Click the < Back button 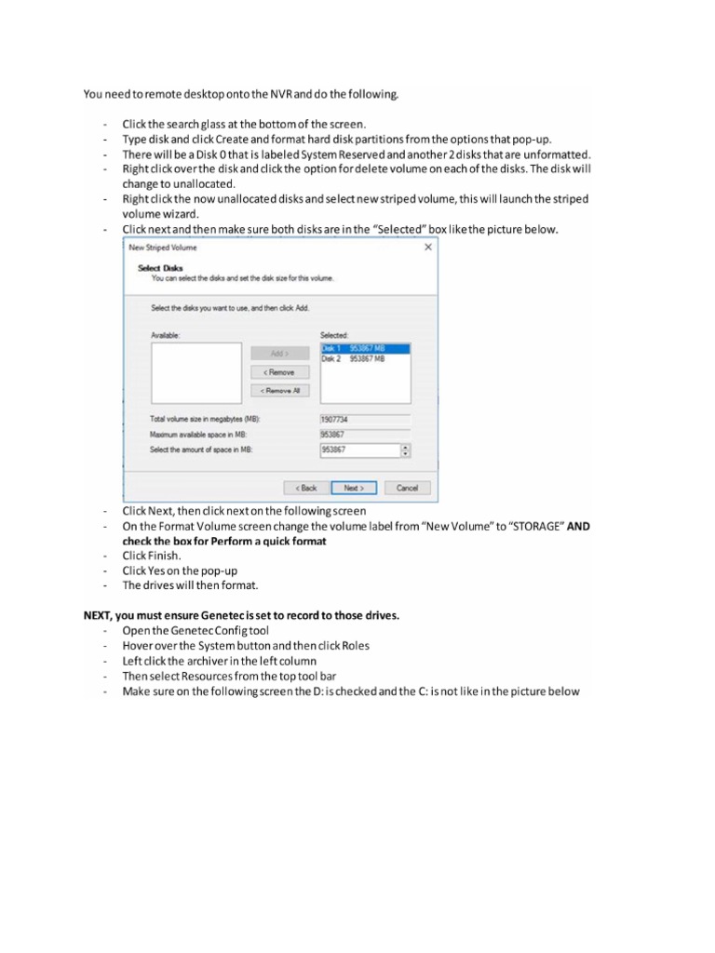click(x=307, y=487)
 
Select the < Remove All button click(x=280, y=391)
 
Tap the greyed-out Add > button click(x=280, y=354)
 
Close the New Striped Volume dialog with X click(x=428, y=248)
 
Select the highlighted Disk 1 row click(x=364, y=349)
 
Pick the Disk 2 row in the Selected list click(x=364, y=358)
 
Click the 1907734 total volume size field click(x=365, y=420)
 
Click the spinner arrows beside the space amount click(x=405, y=450)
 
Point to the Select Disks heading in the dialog click(x=154, y=268)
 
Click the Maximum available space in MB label click(x=199, y=435)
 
